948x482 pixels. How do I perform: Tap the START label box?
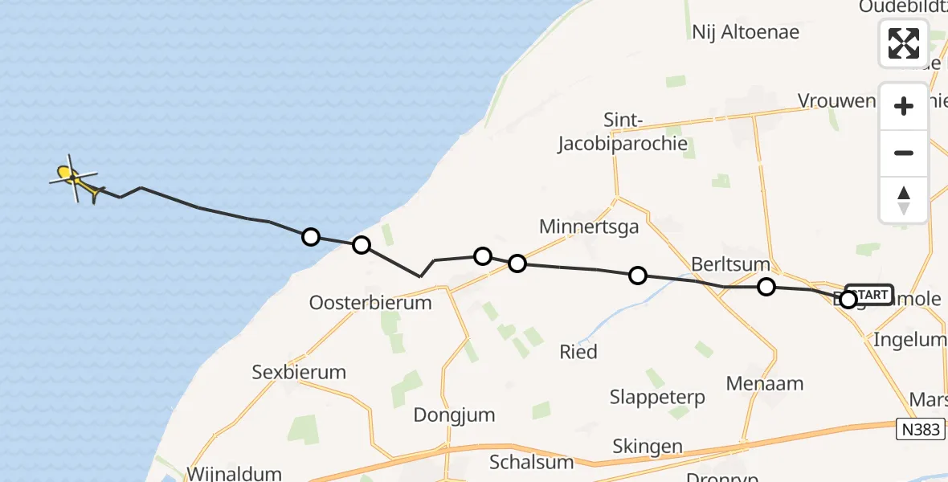click(x=869, y=295)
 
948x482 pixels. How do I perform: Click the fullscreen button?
click(x=904, y=43)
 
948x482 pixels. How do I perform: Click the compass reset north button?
click(x=904, y=200)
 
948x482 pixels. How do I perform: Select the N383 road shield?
click(x=920, y=430)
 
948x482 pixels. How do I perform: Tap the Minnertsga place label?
click(x=589, y=227)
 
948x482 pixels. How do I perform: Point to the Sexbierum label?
click(x=299, y=372)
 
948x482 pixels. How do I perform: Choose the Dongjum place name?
click(x=454, y=415)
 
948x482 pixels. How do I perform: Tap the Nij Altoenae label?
click(x=746, y=32)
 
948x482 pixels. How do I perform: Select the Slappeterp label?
click(x=657, y=397)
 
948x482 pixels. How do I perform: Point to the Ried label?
click(x=578, y=352)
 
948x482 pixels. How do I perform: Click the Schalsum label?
click(x=532, y=462)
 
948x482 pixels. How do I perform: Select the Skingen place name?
click(x=648, y=447)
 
